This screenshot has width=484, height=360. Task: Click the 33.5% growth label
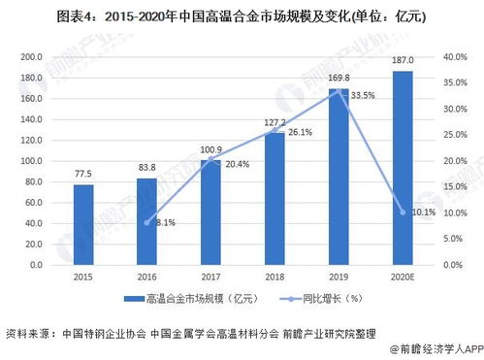tap(364, 96)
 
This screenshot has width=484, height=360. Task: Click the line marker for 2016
tap(147, 222)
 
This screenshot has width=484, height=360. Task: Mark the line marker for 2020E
tap(402, 212)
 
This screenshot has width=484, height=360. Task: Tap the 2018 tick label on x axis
tap(274, 277)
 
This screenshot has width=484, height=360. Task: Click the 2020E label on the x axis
tap(402, 277)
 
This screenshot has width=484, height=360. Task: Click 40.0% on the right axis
tap(455, 57)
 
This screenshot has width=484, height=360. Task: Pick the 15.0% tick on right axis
tap(455, 186)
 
